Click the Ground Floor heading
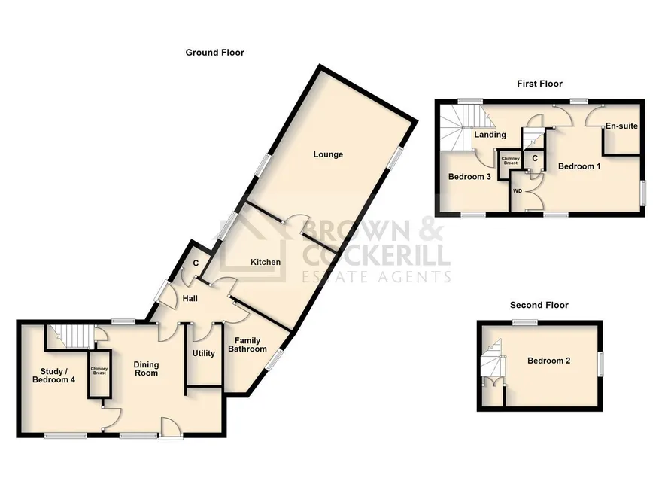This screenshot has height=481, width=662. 215,53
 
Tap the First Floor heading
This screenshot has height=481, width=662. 539,84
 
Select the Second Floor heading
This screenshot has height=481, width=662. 539,305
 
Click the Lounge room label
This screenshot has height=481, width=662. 328,154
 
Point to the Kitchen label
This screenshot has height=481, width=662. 266,262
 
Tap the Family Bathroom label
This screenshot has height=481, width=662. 247,345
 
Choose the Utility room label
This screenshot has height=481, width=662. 204,353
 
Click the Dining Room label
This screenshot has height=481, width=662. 146,369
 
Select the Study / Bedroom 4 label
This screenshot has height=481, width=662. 53,376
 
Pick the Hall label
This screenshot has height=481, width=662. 190,299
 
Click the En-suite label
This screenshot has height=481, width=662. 621,126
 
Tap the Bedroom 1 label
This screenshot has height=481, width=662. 579,166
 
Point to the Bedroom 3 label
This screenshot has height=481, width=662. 469,177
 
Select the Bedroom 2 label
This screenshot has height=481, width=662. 549,361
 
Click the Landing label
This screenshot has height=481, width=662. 490,135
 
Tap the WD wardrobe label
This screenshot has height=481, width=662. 518,191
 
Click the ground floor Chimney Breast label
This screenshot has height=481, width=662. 99,371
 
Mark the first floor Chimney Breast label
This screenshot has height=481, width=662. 511,160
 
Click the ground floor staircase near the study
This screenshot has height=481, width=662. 70,336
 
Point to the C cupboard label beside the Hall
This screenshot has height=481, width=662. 196,263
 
